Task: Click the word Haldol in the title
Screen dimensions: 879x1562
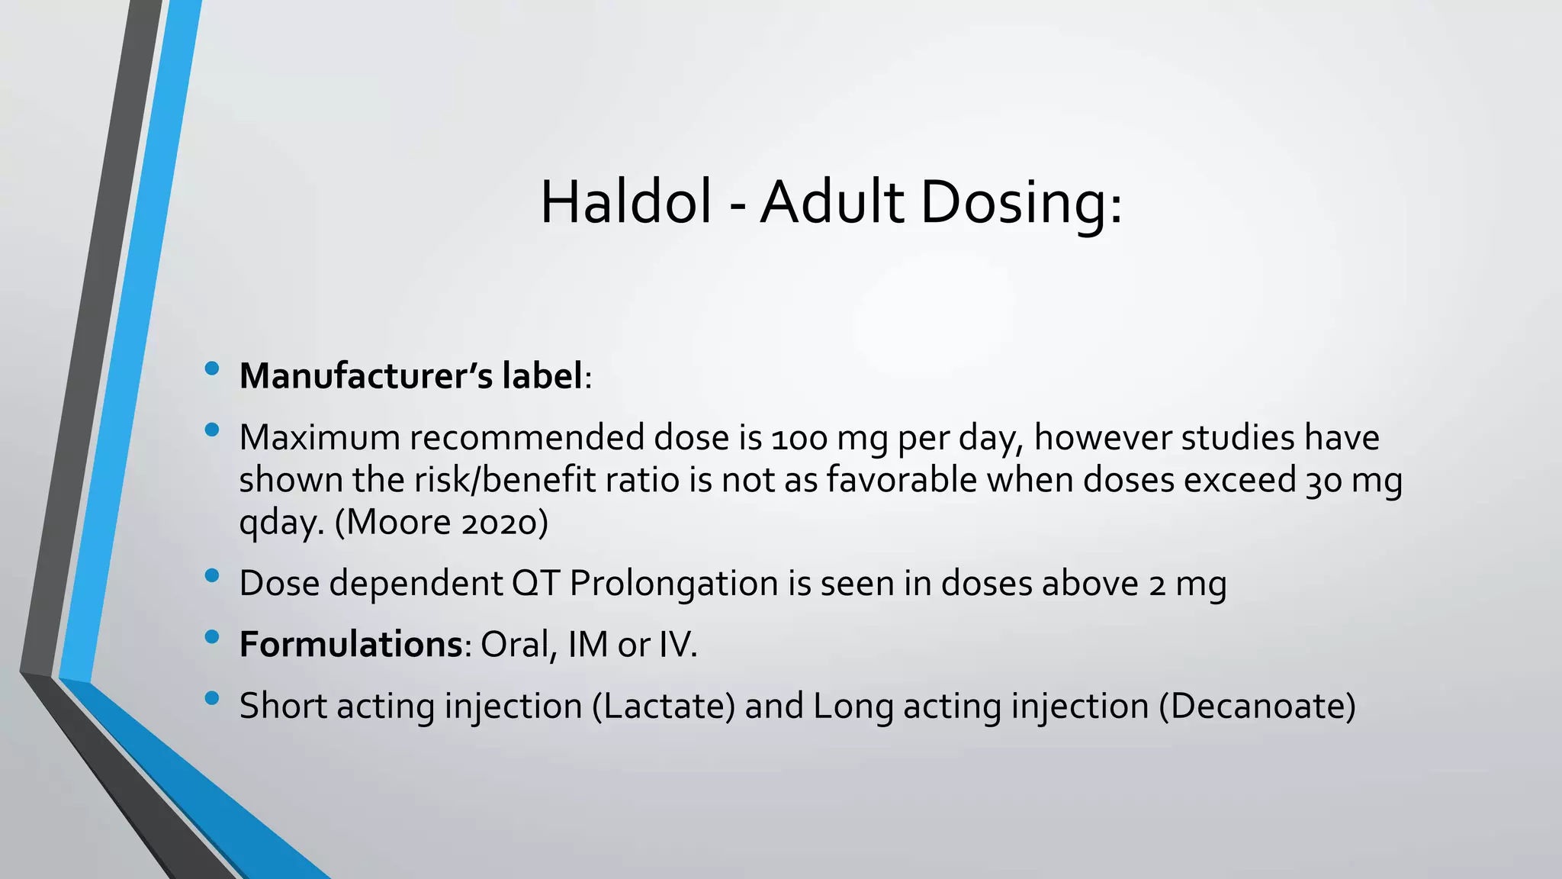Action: [625, 202]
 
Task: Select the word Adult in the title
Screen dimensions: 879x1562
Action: [832, 202]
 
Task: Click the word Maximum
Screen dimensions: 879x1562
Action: [320, 437]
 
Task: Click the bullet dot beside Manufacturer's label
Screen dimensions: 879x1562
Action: [212, 370]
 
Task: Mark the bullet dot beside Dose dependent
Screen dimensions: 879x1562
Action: [212, 577]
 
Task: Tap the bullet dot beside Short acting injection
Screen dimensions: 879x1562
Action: [212, 699]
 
